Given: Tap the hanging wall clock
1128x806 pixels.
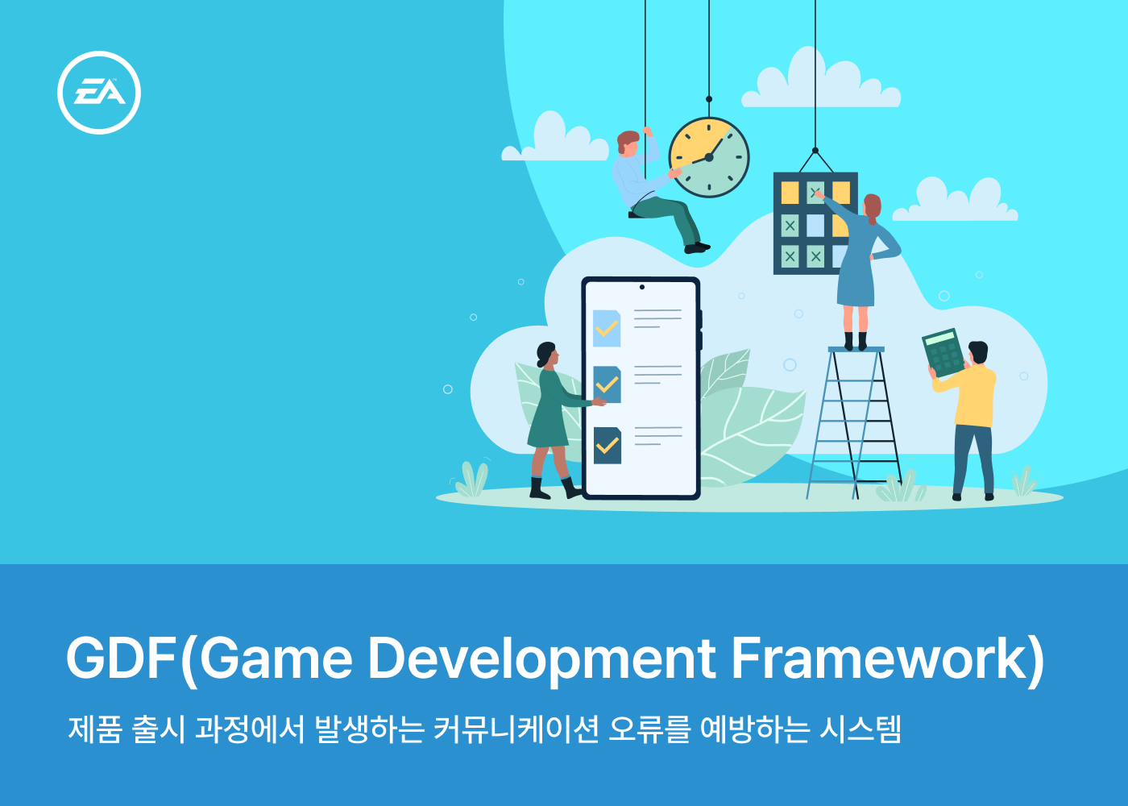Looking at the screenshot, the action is coord(709,157).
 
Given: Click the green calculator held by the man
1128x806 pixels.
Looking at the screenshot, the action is coord(943,353).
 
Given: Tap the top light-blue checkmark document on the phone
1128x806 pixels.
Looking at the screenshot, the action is coord(606,328).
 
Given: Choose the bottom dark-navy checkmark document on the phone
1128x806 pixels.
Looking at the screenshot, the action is coord(607,445).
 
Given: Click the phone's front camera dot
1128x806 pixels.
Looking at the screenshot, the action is coord(642,287).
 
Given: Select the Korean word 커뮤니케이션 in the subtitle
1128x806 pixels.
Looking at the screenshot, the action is coord(516,729).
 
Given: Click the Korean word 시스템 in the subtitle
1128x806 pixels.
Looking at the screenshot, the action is coord(861,729).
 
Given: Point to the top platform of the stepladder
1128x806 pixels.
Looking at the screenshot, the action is coord(856,349).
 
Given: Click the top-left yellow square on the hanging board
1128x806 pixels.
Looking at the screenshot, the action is coord(790,193).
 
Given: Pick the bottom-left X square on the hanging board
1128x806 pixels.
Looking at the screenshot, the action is coord(790,256).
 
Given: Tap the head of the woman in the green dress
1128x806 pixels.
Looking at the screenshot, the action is coord(547,354).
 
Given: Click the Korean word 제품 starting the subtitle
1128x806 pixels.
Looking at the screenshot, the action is coord(95,729).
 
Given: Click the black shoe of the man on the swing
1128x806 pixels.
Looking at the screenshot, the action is coord(697,248).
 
